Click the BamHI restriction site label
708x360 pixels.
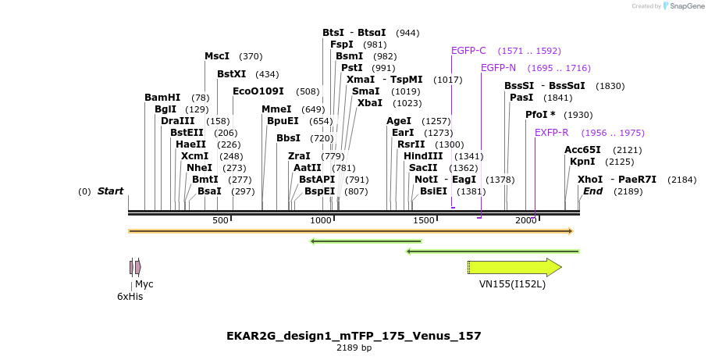[162, 98]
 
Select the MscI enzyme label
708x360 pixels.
[217, 56]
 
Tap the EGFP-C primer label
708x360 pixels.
[468, 51]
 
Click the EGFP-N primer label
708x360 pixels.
[498, 68]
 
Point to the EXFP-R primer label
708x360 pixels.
[551, 133]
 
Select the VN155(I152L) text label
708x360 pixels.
[512, 284]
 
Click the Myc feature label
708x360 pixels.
[144, 284]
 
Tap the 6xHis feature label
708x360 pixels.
[130, 296]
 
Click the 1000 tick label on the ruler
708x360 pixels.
[322, 221]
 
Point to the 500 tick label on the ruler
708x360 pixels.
[220, 221]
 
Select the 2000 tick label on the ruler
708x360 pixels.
[526, 221]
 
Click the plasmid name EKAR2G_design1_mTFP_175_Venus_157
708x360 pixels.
[354, 336]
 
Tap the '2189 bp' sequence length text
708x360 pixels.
[354, 348]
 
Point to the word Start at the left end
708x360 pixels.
[110, 191]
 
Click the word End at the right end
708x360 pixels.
[593, 191]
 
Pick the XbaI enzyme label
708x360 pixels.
[370, 103]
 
